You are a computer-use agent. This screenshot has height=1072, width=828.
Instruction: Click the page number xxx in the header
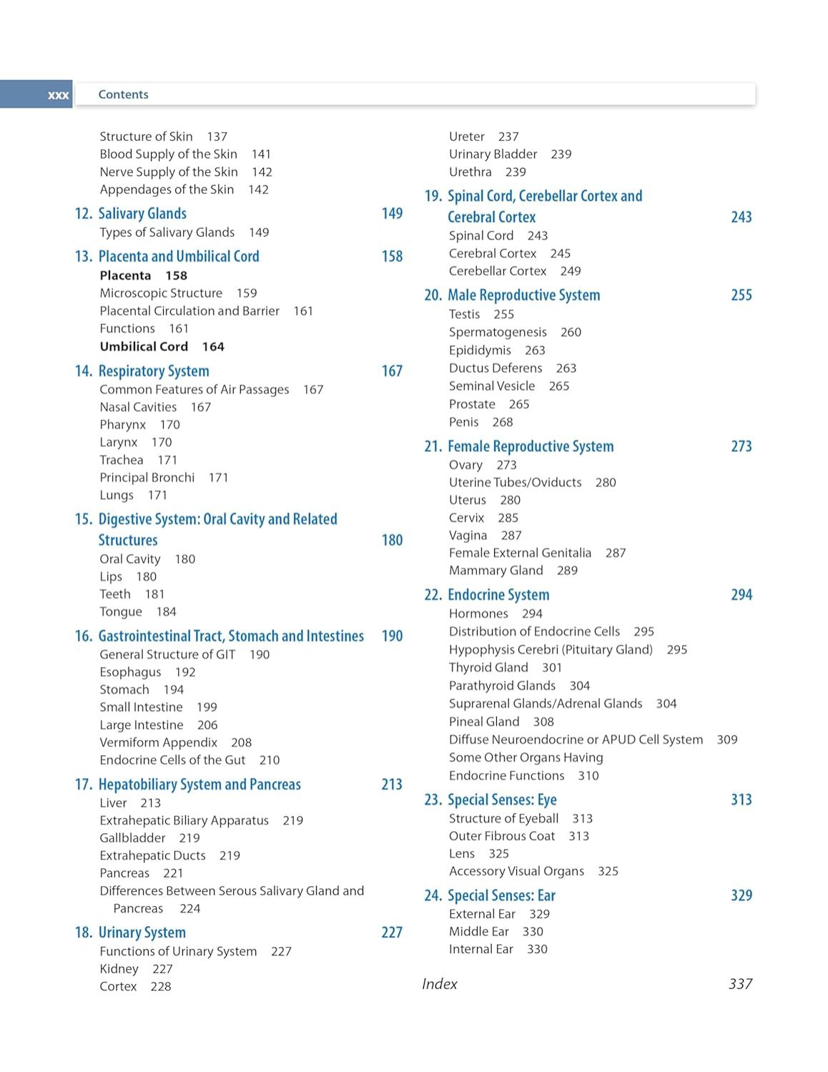[x=58, y=95]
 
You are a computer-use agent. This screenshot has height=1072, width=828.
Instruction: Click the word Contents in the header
[x=123, y=94]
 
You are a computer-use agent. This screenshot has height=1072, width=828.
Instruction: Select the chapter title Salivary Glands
[x=142, y=214]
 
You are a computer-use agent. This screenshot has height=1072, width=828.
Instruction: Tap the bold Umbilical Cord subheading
[x=144, y=347]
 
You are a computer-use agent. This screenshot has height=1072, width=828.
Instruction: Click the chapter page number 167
[x=392, y=371]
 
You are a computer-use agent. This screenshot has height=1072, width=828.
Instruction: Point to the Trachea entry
[x=122, y=461]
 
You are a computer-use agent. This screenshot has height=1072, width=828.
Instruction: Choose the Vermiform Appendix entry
[x=158, y=743]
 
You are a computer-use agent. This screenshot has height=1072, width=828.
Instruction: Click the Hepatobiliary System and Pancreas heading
[x=199, y=785]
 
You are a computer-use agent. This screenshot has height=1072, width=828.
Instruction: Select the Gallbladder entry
[x=132, y=838]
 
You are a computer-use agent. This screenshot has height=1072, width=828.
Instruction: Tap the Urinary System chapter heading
[x=142, y=933]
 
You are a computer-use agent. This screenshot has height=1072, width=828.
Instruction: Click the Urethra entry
[x=470, y=172]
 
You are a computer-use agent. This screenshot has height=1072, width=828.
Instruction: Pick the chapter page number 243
[x=741, y=217]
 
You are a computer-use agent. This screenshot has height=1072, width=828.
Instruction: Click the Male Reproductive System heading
[x=523, y=295]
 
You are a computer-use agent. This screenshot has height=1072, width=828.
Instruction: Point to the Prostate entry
[x=472, y=405]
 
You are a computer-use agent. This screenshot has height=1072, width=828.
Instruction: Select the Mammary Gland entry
[x=496, y=571]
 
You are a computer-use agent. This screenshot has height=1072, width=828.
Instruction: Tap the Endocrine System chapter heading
[x=498, y=595]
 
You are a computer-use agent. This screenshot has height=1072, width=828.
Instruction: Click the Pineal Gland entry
[x=484, y=722]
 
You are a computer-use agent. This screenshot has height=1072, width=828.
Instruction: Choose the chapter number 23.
[x=433, y=800]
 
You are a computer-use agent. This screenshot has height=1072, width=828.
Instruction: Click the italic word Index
[x=440, y=985]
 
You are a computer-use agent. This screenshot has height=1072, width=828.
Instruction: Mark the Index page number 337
[x=740, y=985]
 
